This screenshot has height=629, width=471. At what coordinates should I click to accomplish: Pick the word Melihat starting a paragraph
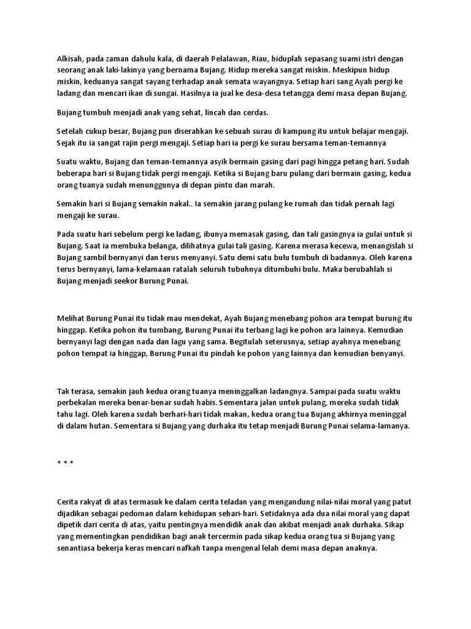click(x=72, y=318)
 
